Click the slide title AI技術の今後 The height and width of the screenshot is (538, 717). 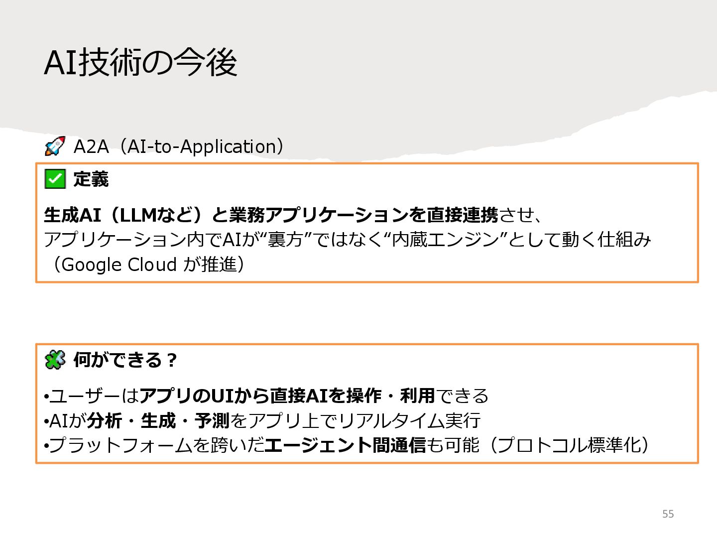point(140,63)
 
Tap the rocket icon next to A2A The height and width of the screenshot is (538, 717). point(55,146)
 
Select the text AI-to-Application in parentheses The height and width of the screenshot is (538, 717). point(201,146)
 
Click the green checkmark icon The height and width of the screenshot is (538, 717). point(55,179)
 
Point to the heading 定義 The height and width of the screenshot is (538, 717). point(91,179)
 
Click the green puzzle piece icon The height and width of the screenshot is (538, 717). point(55,359)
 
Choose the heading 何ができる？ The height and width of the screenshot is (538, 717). point(124,360)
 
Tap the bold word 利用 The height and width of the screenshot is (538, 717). point(417,396)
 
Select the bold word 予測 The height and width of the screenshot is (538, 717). point(212,421)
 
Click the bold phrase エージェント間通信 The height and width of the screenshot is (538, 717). point(345,445)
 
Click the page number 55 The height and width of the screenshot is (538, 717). point(668,514)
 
